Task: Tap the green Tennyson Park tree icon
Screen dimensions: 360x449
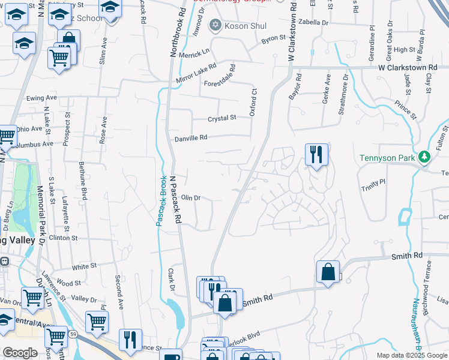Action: click(425, 157)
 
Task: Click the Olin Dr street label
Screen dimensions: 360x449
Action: click(190, 197)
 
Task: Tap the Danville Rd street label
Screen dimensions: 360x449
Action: click(191, 138)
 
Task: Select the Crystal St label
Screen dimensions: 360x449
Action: click(222, 119)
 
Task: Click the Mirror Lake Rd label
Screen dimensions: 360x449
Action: click(196, 74)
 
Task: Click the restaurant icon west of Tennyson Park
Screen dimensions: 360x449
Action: click(316, 154)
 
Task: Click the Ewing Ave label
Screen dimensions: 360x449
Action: click(41, 97)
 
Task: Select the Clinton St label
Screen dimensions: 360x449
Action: click(64, 238)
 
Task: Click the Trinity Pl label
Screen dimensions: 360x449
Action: click(373, 184)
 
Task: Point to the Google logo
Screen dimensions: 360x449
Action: click(20, 353)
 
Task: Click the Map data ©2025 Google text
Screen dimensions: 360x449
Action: click(412, 355)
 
